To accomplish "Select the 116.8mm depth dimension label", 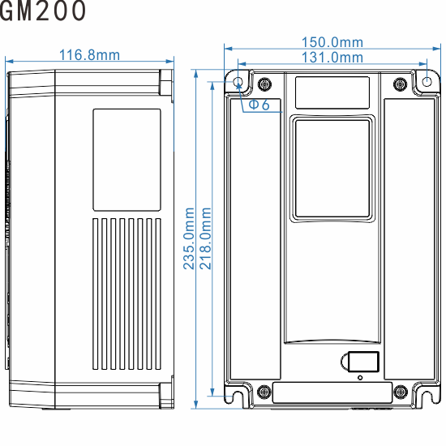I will pos(89,55).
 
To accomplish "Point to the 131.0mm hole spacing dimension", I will pos(332,58).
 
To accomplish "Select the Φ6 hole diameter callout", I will pos(258,105).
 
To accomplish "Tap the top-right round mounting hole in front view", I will pos(428,82).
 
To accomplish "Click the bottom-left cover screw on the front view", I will pos(264,393).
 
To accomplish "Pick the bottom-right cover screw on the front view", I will pos(399,393).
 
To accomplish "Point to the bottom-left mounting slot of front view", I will pos(238,397).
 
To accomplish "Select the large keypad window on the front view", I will pos(332,168).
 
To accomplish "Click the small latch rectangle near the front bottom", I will pos(359,362).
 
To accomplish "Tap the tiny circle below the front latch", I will pos(360,377).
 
